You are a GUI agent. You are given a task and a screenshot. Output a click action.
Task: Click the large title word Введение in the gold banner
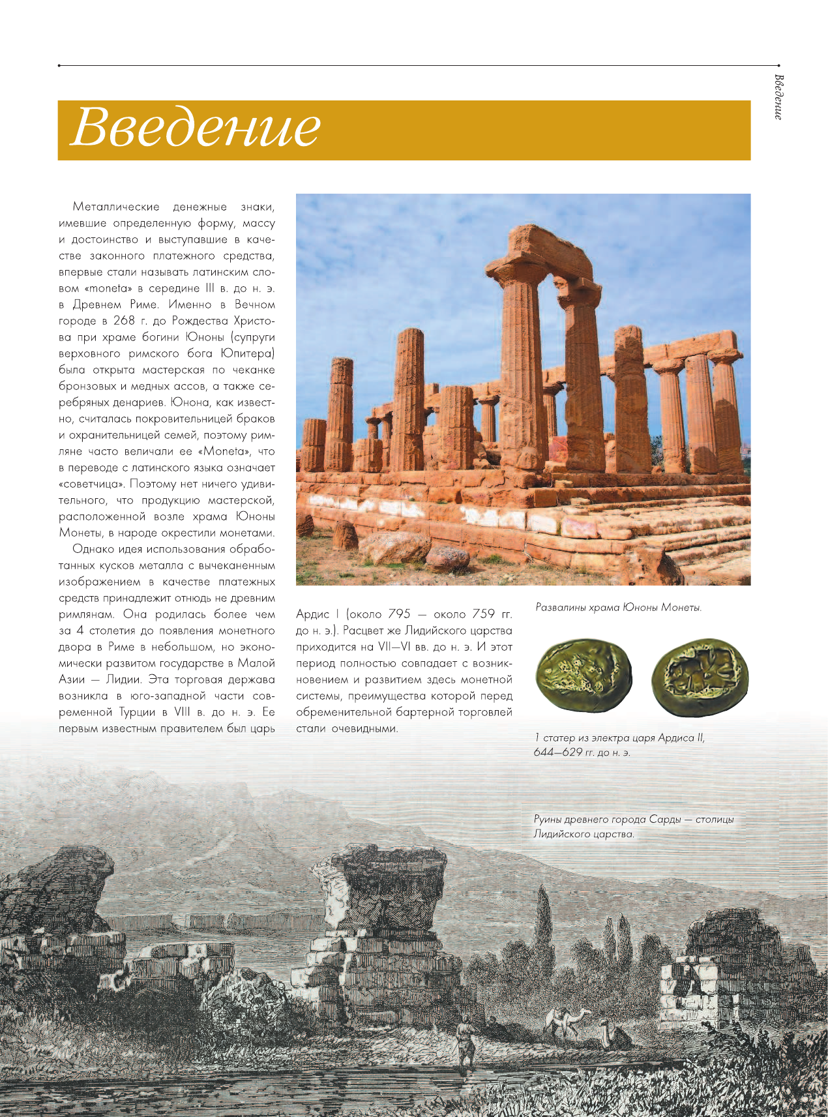coord(195,128)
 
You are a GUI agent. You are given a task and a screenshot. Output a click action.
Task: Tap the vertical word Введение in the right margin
coord(778,97)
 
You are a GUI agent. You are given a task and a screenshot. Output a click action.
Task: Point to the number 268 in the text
coord(124,321)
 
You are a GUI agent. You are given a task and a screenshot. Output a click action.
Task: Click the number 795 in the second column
coord(399,614)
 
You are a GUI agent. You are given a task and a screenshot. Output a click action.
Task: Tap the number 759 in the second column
coord(484,614)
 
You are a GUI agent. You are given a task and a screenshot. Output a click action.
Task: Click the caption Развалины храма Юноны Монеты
coord(618,608)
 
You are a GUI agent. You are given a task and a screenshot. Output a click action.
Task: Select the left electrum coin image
coord(584,676)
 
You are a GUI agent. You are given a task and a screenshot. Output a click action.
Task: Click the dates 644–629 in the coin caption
coord(558,752)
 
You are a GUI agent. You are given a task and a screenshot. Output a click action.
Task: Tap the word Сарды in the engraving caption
coord(664,820)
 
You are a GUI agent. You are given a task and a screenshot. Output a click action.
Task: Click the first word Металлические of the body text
coord(116,207)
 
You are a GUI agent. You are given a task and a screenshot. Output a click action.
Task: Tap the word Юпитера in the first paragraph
coord(247,353)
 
